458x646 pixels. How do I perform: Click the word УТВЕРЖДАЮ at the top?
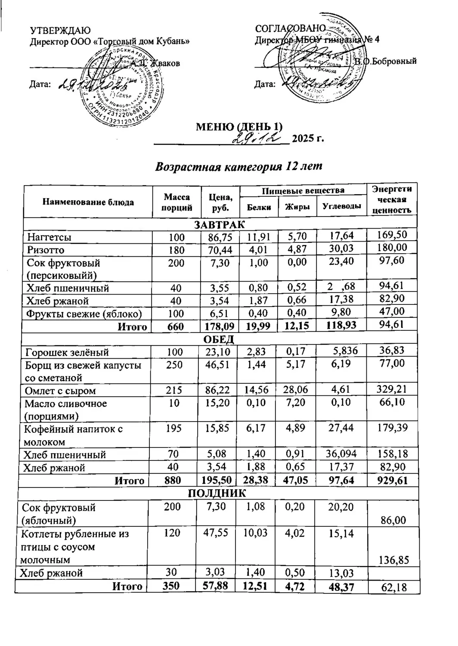pyautogui.click(x=60, y=30)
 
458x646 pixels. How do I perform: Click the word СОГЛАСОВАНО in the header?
pyautogui.click(x=291, y=29)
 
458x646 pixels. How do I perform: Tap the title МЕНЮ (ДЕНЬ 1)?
pyautogui.click(x=239, y=127)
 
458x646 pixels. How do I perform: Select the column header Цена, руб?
pyautogui.click(x=220, y=202)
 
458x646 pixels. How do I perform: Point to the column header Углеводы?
pyautogui.click(x=341, y=207)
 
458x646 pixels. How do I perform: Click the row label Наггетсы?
pyautogui.click(x=49, y=237)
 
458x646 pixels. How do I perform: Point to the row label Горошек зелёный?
pyautogui.click(x=66, y=352)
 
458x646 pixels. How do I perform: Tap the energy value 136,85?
pyautogui.click(x=393, y=560)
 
